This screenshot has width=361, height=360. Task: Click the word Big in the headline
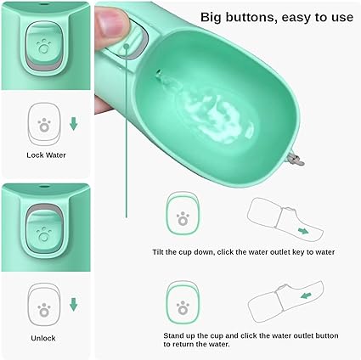point(212,18)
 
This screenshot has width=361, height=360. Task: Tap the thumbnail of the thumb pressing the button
point(110,23)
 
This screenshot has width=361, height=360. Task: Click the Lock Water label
point(46,155)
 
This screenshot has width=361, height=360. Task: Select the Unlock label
point(43,338)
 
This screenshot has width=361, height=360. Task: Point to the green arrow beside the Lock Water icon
point(74,124)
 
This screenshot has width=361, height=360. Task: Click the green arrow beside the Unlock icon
point(74,305)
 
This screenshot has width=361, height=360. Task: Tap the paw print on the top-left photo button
point(44,47)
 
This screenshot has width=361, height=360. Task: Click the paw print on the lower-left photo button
point(44,234)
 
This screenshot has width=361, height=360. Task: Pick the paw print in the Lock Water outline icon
point(44,126)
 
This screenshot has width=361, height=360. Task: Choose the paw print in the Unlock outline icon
point(44,309)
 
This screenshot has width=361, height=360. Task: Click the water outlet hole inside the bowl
point(158,71)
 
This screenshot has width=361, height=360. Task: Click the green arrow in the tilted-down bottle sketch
point(303,231)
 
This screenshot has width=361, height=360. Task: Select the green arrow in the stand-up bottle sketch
point(306,295)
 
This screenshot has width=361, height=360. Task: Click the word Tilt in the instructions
point(158,252)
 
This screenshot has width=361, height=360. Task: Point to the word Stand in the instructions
point(172,336)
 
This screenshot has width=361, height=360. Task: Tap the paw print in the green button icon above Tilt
point(183,219)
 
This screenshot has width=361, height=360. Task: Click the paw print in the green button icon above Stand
point(183,307)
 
